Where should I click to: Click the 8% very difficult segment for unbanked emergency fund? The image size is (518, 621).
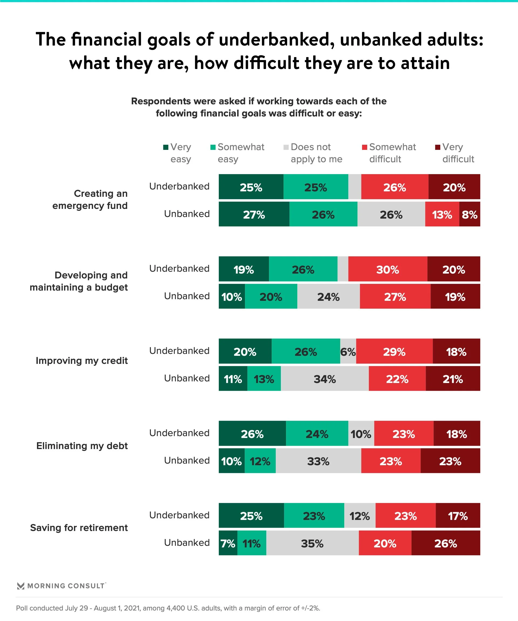click(469, 214)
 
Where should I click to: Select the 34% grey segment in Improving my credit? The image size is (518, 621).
click(325, 379)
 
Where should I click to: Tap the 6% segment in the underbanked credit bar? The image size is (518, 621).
click(348, 351)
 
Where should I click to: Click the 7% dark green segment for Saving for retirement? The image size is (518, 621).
click(228, 543)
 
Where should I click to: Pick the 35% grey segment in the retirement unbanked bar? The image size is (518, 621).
click(312, 543)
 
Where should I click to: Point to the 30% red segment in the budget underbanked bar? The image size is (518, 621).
click(387, 269)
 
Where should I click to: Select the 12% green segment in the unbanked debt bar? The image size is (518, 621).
click(260, 461)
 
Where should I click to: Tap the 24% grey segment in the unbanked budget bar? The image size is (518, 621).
click(328, 296)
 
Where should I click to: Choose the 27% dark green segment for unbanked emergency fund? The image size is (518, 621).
click(254, 214)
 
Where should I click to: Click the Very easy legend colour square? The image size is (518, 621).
click(166, 147)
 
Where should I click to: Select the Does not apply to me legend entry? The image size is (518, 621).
click(316, 153)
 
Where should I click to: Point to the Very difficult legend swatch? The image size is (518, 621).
click(438, 147)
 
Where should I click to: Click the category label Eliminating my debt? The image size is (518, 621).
click(82, 446)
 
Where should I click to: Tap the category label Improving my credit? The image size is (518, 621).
click(82, 360)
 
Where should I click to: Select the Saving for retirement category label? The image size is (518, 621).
click(79, 527)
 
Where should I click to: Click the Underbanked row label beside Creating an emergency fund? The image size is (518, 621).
click(179, 186)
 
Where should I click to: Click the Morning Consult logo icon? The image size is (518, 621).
click(21, 586)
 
